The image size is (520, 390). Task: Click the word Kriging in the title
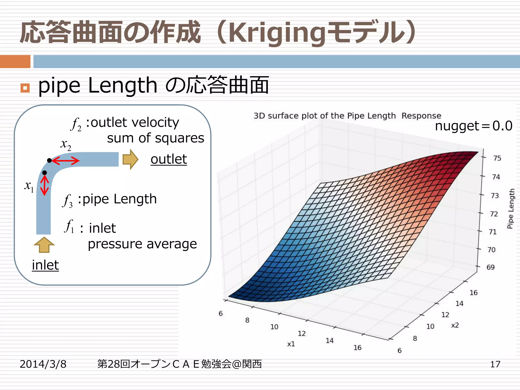(277, 33)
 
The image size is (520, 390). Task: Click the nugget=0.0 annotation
(474, 126)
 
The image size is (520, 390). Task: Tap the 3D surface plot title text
(347, 116)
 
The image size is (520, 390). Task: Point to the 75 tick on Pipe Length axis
(497, 158)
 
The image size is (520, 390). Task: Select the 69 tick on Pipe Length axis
(490, 267)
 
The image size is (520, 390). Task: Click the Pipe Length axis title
(511, 208)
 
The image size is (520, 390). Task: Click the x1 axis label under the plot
(291, 344)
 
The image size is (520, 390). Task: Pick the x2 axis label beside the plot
(455, 325)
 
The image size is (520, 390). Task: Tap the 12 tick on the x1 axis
(302, 333)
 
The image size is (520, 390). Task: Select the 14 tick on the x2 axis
(459, 303)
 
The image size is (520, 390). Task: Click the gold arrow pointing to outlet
(130, 159)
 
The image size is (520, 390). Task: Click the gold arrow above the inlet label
(44, 245)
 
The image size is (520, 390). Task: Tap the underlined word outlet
(169, 159)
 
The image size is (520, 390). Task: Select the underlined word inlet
(45, 265)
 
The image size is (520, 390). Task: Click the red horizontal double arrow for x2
(66, 160)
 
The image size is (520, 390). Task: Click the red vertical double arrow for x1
(45, 185)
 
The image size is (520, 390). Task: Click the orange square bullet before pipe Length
(25, 88)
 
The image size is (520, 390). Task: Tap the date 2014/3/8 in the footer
(43, 364)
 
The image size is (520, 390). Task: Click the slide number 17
(495, 364)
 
